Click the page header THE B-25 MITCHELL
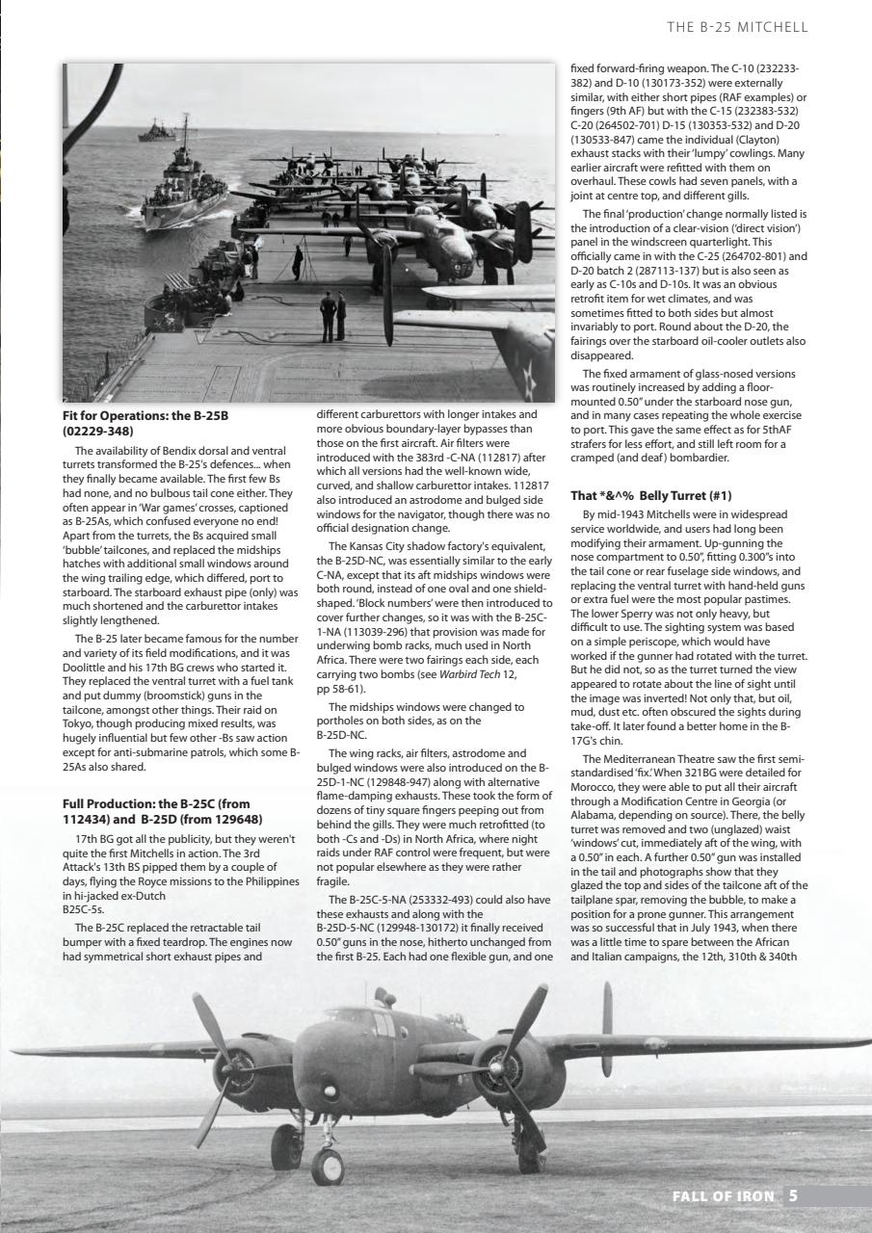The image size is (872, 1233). [x=737, y=27]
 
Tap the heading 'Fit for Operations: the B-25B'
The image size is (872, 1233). [x=145, y=416]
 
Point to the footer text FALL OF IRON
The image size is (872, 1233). [x=723, y=1195]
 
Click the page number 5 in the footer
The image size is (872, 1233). [x=792, y=1195]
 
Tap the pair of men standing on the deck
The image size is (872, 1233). [x=332, y=316]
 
